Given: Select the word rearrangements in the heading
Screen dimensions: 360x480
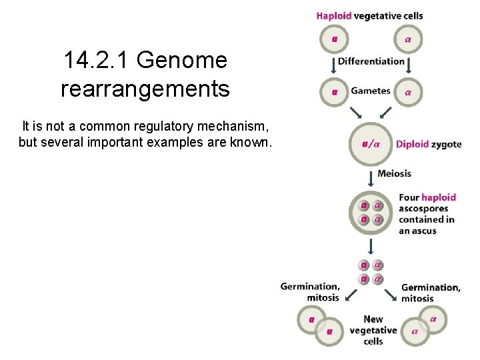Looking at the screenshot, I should click(x=145, y=88).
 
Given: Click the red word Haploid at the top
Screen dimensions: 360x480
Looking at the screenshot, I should click(x=333, y=16).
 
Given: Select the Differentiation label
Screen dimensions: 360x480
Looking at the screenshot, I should click(x=371, y=61).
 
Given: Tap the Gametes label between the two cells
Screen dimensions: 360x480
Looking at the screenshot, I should click(x=371, y=91).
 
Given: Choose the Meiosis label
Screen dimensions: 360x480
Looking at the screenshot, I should click(x=394, y=173).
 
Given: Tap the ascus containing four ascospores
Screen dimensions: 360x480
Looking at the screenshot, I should click(x=371, y=212).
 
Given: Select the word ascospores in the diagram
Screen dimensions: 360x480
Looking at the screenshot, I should click(x=423, y=209).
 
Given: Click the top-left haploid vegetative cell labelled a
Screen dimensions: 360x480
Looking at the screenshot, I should click(x=334, y=39).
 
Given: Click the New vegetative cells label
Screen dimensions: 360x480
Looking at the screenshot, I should click(x=373, y=330).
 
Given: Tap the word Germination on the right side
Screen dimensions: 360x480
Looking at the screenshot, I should click(x=430, y=287).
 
